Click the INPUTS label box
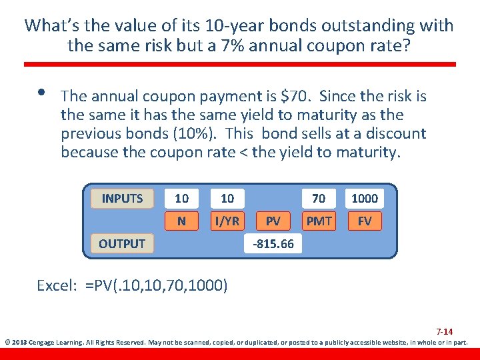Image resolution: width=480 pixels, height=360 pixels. tap(122, 198)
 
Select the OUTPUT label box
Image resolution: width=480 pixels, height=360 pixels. tap(122, 243)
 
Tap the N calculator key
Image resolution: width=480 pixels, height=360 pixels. tap(181, 221)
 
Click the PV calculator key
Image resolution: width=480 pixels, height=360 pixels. tap(273, 221)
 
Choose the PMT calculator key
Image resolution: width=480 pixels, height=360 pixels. tap(319, 221)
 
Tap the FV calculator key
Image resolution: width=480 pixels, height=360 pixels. tap(365, 221)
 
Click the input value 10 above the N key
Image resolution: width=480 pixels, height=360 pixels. tap(181, 198)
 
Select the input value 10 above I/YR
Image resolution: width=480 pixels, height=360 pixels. tap(227, 198)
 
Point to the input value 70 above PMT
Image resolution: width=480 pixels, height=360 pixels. tap(319, 198)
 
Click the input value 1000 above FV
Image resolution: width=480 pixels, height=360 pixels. tap(365, 198)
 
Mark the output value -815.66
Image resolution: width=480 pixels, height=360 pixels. tap(273, 243)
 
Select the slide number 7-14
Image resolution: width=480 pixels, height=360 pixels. tap(444, 331)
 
